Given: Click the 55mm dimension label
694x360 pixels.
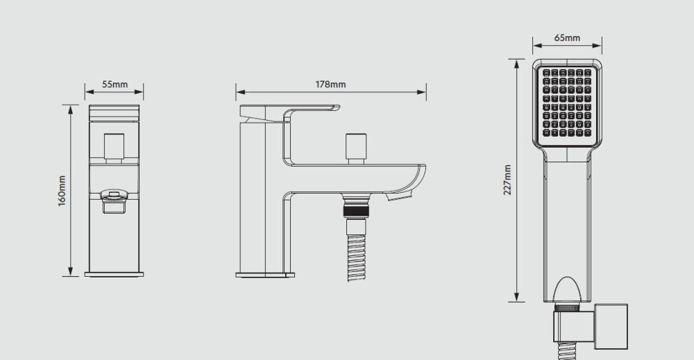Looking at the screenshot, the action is [115, 84].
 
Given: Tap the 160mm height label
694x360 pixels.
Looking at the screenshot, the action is [62, 190].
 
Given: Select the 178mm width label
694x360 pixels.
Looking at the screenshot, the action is [330, 84].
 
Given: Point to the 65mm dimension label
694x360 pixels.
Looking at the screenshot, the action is [567, 37].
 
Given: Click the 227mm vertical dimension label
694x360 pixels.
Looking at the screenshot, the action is [507, 180].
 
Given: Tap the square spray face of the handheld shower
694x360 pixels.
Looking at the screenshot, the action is [567, 103].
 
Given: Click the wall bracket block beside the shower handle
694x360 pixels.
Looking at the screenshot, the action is [611, 327].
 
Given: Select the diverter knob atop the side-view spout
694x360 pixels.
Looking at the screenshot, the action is [356, 148].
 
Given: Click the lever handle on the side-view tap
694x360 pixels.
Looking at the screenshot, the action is [290, 113].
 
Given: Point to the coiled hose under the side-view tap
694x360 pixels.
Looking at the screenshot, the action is [356, 257].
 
